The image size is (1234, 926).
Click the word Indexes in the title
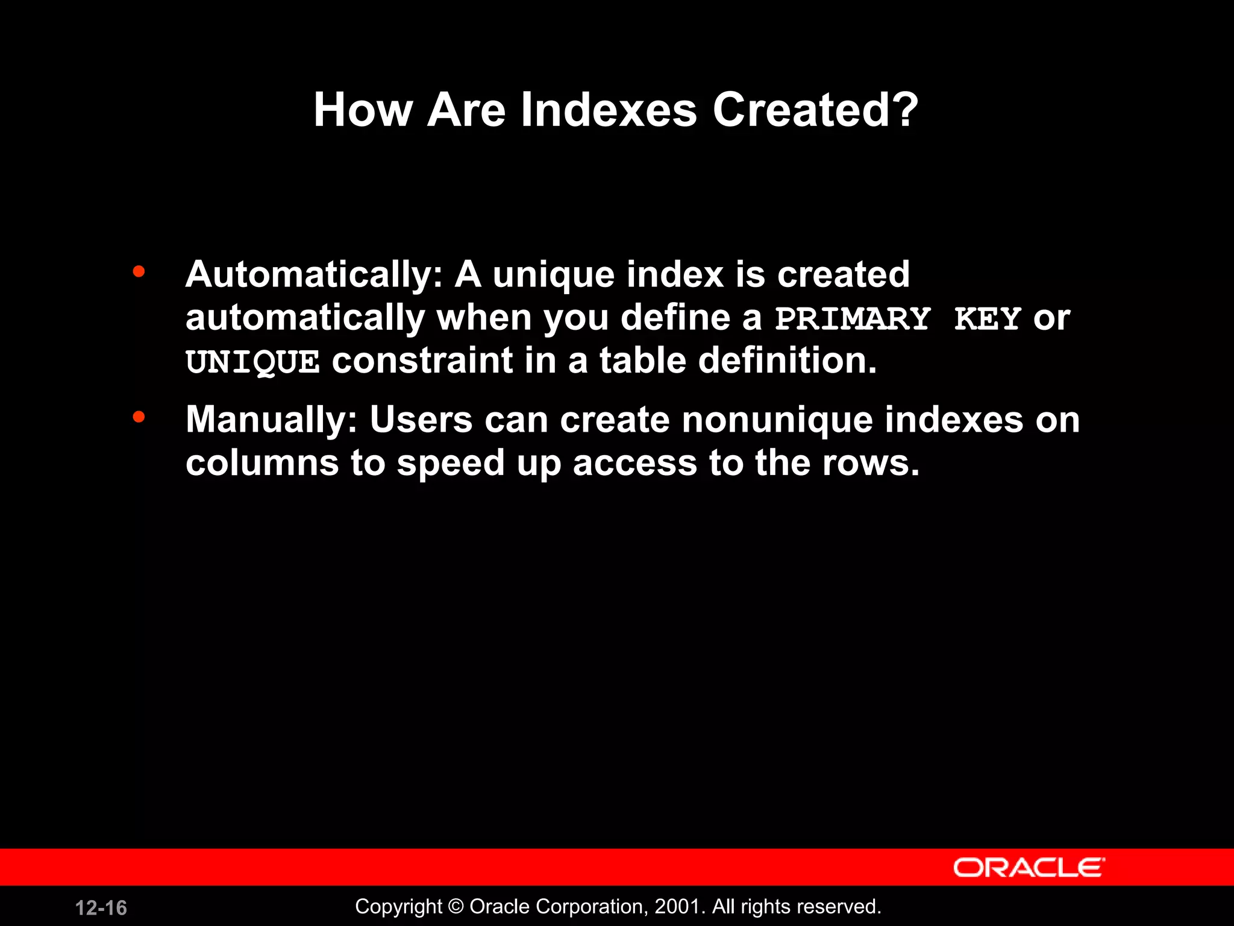click(x=609, y=110)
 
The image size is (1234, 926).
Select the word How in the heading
click(x=363, y=110)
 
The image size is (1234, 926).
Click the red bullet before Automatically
click(x=139, y=272)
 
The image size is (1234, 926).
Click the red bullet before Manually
click(x=139, y=417)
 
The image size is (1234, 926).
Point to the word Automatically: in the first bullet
click(x=314, y=276)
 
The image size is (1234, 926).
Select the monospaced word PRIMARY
click(x=853, y=319)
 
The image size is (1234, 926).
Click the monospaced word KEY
click(x=987, y=319)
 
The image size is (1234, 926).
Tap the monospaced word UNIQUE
click(x=252, y=362)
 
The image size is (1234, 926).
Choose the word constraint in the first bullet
click(x=422, y=361)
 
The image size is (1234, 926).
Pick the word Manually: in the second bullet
click(x=272, y=420)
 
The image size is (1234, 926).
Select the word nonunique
click(x=777, y=420)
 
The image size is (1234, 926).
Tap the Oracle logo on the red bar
click(x=1029, y=868)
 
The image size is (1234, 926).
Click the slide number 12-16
click(x=101, y=908)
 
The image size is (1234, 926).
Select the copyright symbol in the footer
click(x=456, y=907)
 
